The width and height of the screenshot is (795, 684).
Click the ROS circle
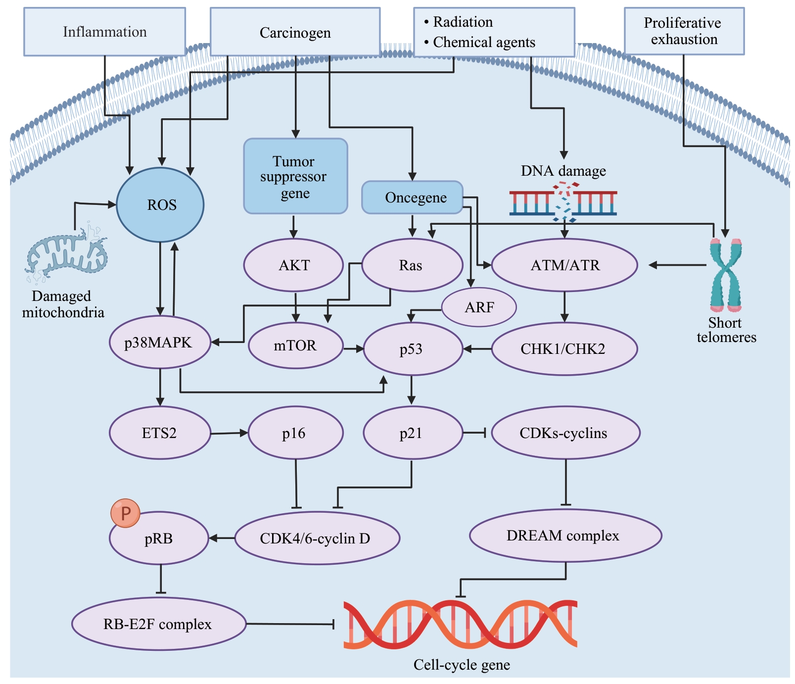tap(160, 205)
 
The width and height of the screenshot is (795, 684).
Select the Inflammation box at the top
tap(104, 32)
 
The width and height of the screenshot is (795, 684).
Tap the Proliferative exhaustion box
tap(684, 31)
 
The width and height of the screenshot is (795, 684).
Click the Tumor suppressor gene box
tap(295, 177)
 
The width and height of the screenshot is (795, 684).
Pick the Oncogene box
tap(412, 197)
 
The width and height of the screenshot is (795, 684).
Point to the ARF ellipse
tap(479, 307)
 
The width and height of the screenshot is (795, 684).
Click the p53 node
tap(412, 349)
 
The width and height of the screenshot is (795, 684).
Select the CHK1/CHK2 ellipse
tap(563, 349)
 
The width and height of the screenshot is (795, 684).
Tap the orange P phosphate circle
tap(125, 513)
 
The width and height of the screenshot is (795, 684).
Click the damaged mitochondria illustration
tap(66, 253)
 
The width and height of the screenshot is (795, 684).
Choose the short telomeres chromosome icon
tap(725, 275)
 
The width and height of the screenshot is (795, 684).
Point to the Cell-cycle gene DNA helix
tap(460, 624)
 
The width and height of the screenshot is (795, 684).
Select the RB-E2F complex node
tap(158, 624)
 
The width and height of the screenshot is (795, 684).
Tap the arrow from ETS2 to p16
tap(229, 434)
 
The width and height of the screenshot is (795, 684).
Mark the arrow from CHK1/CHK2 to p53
tap(477, 349)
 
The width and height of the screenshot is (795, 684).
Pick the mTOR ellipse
tap(295, 345)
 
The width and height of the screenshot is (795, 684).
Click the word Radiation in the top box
tap(463, 22)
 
